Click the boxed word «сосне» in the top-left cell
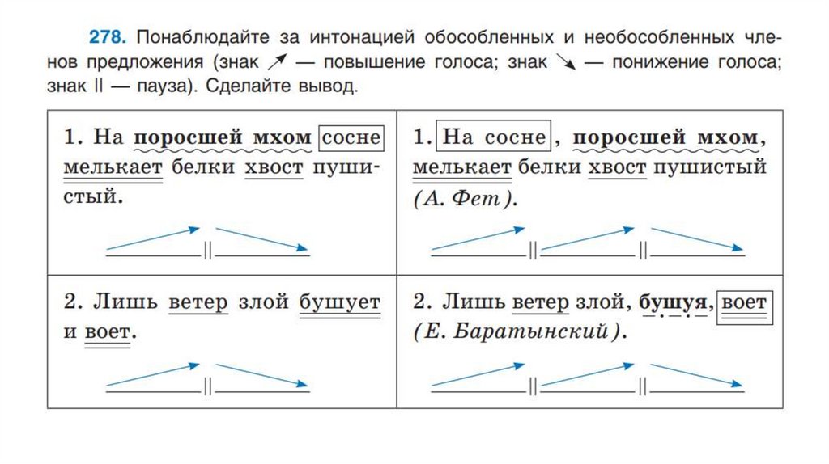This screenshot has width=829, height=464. tap(351, 138)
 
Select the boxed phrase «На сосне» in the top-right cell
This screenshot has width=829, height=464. tap(493, 137)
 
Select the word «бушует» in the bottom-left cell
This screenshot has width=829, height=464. tap(339, 303)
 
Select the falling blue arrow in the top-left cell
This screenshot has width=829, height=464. tap(261, 239)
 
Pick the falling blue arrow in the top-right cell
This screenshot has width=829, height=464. tap(698, 239)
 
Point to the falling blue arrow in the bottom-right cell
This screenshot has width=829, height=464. tap(698, 374)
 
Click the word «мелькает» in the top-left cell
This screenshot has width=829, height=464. tap(113, 168)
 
